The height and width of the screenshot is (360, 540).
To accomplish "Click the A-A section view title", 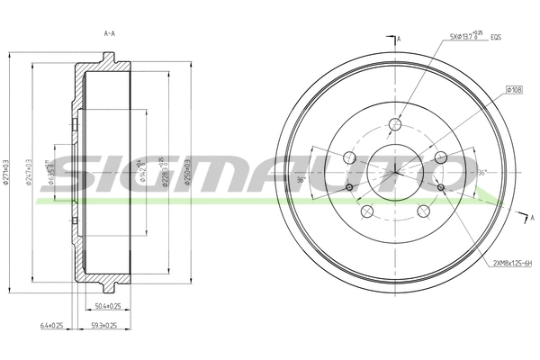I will click(109, 33).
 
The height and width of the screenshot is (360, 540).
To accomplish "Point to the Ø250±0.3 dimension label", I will click(188, 172).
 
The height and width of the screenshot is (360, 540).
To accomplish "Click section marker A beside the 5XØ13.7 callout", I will click(398, 39).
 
